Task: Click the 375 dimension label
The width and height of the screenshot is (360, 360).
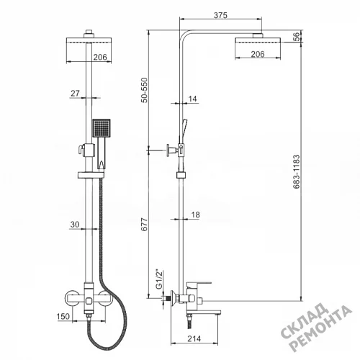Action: pyautogui.click(x=220, y=15)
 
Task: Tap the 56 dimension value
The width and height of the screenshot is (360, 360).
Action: pyautogui.click(x=297, y=37)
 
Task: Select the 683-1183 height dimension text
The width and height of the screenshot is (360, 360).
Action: pyautogui.click(x=297, y=171)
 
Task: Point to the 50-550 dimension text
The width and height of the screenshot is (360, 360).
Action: pyautogui.click(x=144, y=90)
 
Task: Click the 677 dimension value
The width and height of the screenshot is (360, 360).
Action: pyautogui.click(x=144, y=225)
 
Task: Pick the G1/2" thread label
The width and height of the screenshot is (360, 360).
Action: pyautogui.click(x=159, y=279)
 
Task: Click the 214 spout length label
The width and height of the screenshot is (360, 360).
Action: pyautogui.click(x=194, y=338)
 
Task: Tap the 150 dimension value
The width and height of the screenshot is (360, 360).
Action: pyautogui.click(x=63, y=316)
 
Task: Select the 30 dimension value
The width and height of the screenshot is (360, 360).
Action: pyautogui.click(x=75, y=225)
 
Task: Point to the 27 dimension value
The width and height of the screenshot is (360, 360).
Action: pyautogui.click(x=75, y=93)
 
